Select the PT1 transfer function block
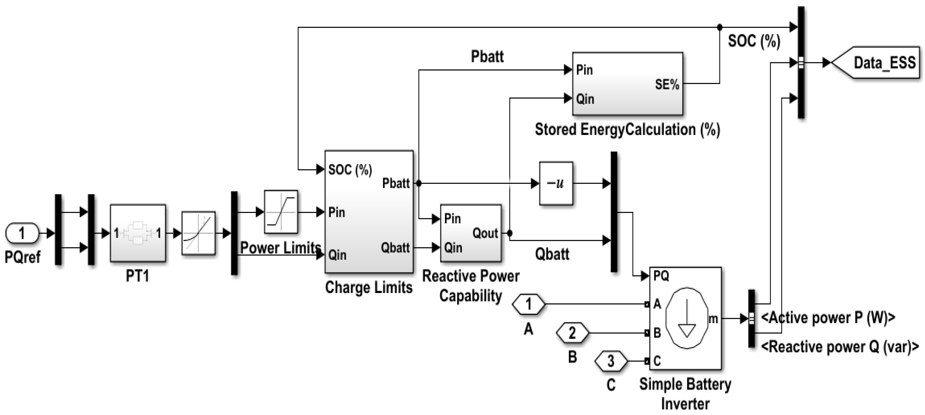pos(138,233)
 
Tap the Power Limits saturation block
pos(281,212)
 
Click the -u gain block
pos(556,183)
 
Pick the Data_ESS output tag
pos(876,63)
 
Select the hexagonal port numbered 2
pos(572,333)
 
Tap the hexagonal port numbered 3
pos(611,361)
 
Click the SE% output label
pos(667,84)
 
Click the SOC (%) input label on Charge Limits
pos(350,170)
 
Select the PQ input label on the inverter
pos(661,276)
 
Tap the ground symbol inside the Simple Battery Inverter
pos(687,318)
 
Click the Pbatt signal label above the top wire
pos(487,56)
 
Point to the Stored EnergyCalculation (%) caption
pos(627,129)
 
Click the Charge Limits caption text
pos(369,288)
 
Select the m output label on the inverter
pos(713,319)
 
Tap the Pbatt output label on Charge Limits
pos(396,183)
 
